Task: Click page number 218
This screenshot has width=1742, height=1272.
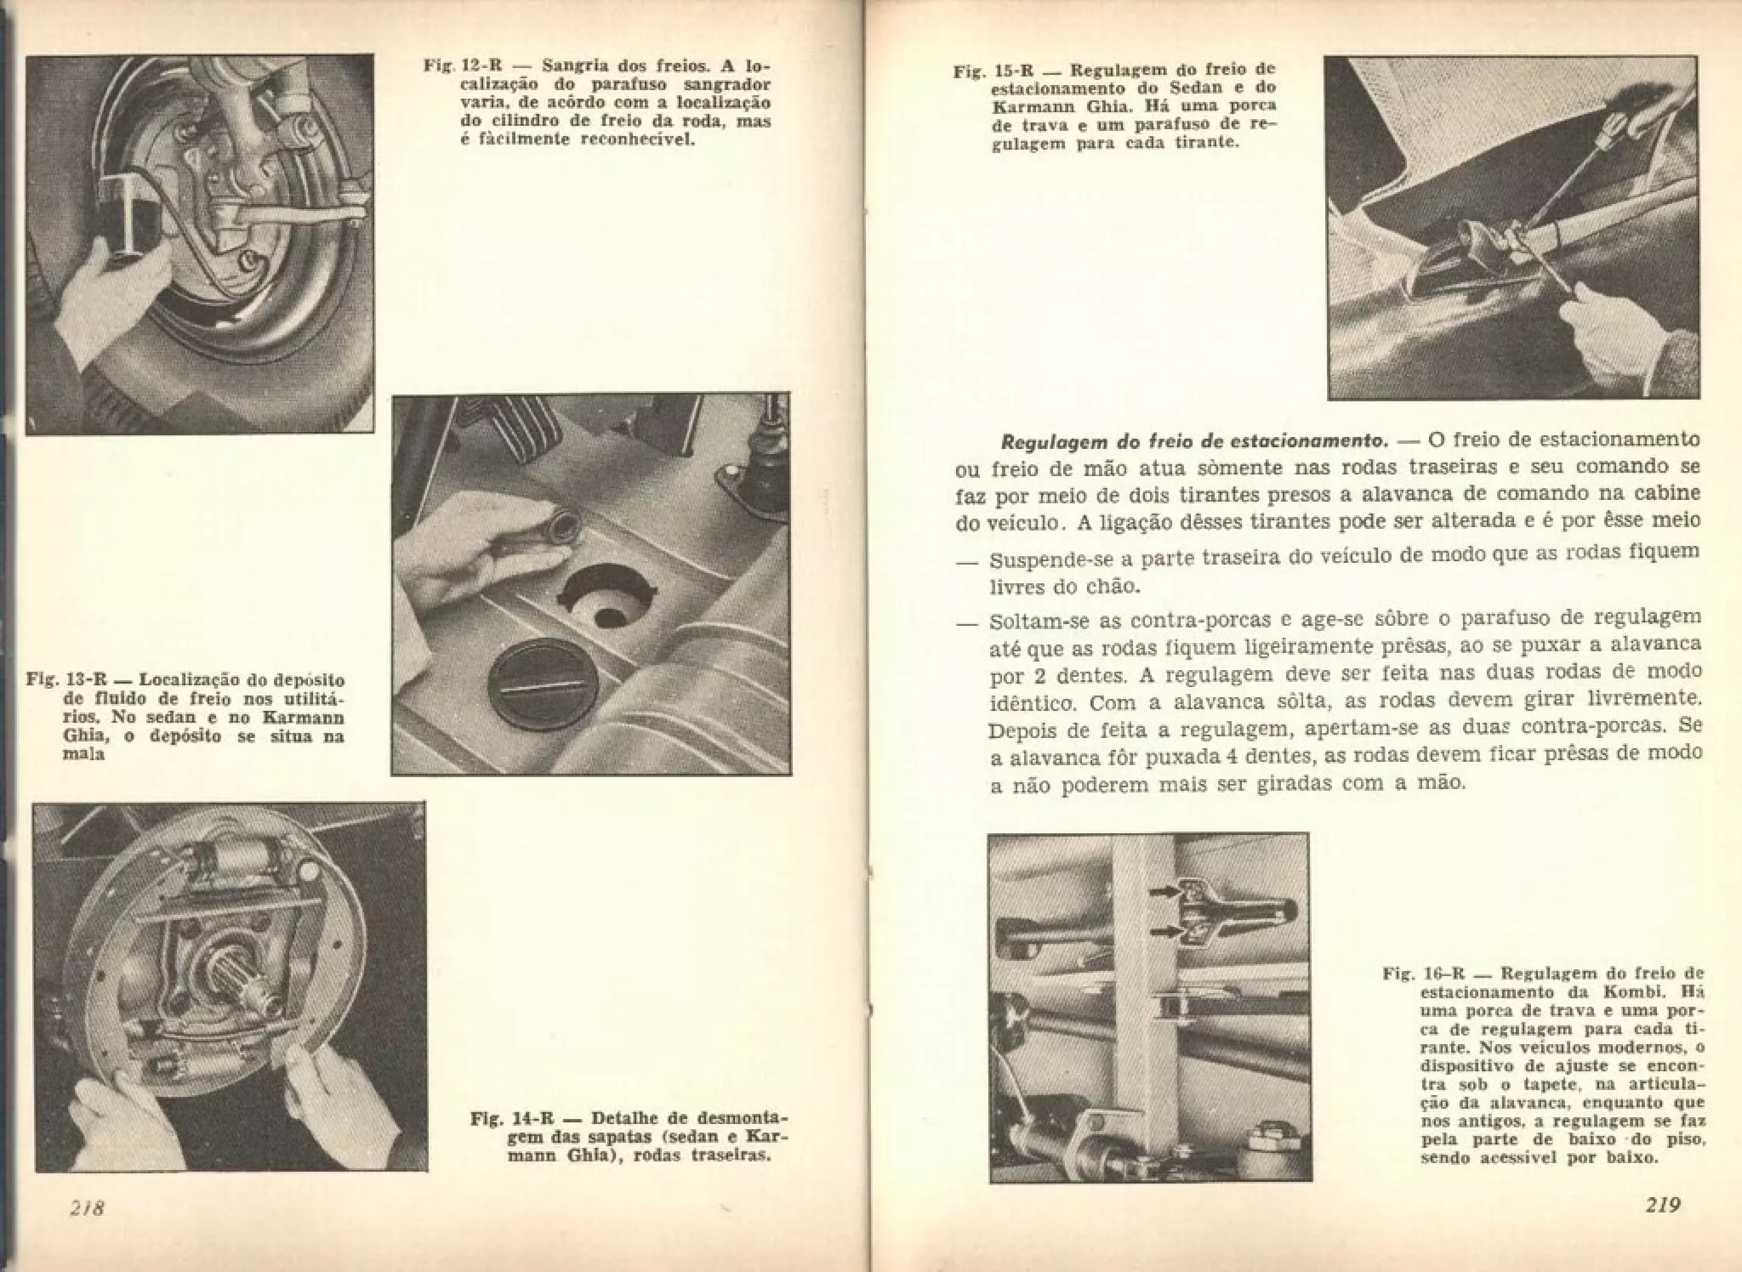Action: coord(87,1207)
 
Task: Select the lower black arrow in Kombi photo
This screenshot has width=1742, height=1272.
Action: coord(1167,932)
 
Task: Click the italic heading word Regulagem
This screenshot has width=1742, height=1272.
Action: coord(1050,442)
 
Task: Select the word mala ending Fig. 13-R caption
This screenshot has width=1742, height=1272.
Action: coord(84,754)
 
